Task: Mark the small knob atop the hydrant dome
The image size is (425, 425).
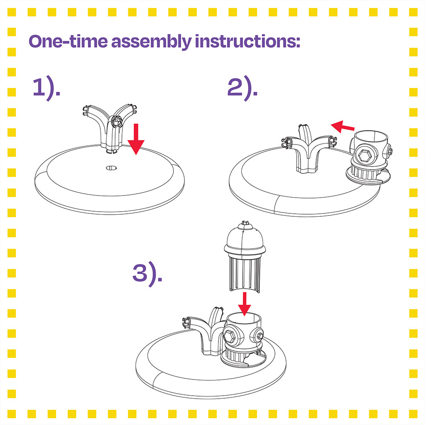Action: [244, 222]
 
